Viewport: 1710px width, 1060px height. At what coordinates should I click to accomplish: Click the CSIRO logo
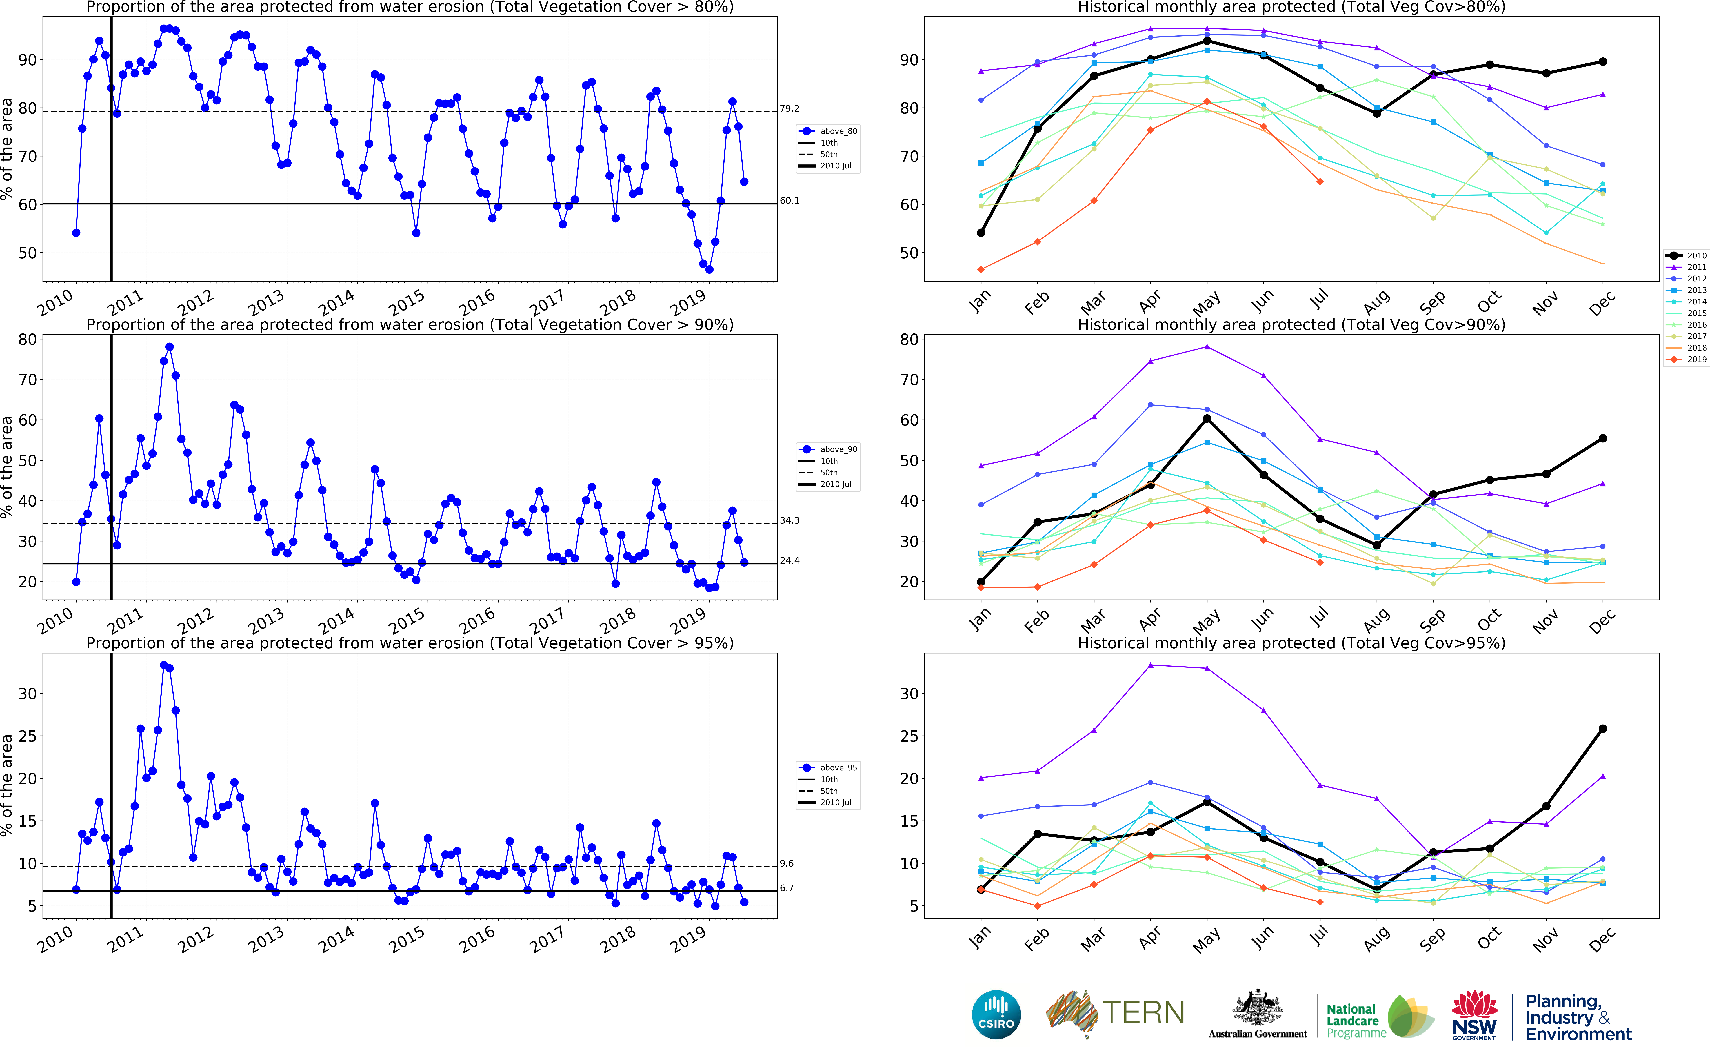tap(996, 1014)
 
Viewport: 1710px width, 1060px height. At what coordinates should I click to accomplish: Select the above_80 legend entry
tap(828, 131)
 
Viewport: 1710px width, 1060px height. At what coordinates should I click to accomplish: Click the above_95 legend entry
tap(828, 768)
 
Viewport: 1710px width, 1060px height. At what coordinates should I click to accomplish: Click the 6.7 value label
tap(787, 888)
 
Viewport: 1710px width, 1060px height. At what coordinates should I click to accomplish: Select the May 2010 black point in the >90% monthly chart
tap(1207, 419)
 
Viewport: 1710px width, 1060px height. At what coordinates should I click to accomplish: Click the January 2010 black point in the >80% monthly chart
tap(981, 233)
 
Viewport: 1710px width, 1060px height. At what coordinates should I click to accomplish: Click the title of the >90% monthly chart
tap(1292, 325)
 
